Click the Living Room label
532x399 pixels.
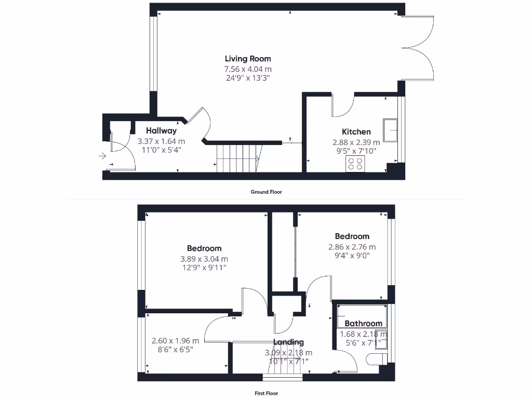click(x=248, y=59)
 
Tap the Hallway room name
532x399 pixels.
click(x=161, y=131)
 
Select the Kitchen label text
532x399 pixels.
click(x=356, y=132)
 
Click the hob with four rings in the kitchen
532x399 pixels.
click(x=356, y=165)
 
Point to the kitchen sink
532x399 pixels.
click(x=390, y=129)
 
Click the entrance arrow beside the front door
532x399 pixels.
click(x=102, y=155)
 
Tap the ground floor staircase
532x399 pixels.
click(x=238, y=157)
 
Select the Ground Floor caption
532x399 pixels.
click(x=266, y=192)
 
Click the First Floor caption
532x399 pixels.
click(x=266, y=393)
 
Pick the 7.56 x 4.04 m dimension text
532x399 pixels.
click(x=248, y=69)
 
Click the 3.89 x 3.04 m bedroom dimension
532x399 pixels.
click(x=204, y=259)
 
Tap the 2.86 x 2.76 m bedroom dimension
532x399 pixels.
click(x=352, y=247)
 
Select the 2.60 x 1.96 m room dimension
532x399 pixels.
click(x=175, y=341)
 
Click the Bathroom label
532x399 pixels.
click(x=363, y=323)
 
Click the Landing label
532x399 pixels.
click(x=288, y=342)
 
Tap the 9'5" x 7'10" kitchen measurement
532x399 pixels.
click(x=356, y=151)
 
